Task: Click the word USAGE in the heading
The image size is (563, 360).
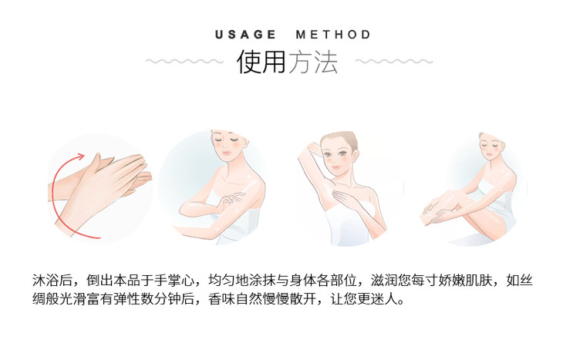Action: pos(245,35)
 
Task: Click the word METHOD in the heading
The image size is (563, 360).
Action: pos(333,35)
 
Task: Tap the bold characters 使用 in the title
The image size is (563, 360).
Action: pos(261,62)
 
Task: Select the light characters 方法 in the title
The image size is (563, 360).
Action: pos(313,62)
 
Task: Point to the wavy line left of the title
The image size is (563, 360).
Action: pos(184,62)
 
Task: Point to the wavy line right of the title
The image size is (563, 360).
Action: pos(394,62)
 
